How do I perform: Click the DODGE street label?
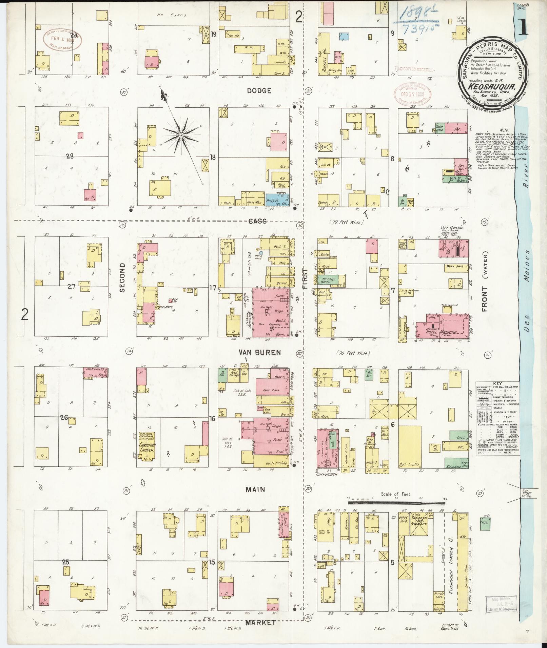coord(259,91)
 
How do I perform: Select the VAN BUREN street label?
coord(259,353)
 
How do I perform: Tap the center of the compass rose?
coord(181,135)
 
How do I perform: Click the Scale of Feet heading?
coord(396,494)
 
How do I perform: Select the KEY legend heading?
coord(497,381)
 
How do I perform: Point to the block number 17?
coord(213,288)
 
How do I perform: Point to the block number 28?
coord(70,156)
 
